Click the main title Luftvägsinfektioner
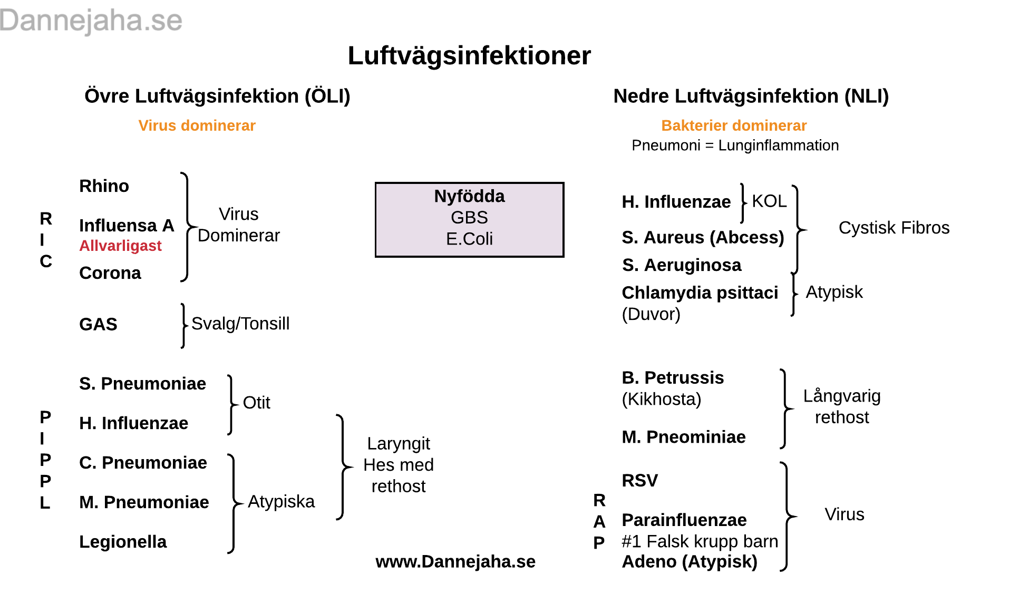point(469,56)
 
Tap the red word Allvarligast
point(120,246)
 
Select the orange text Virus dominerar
point(197,125)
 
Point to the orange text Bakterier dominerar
point(734,125)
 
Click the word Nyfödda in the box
point(469,196)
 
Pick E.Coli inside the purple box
point(469,239)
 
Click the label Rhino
point(104,186)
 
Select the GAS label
point(98,324)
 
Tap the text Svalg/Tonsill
point(240,324)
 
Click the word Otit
point(256,403)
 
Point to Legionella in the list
point(123,542)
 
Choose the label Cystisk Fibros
point(894,228)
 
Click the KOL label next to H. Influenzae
point(769,201)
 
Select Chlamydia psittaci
point(700,293)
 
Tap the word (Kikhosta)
point(662,399)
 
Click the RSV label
point(640,481)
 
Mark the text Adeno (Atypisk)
point(690,562)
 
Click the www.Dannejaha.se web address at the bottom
point(455,562)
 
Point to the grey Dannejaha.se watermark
point(91,21)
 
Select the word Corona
point(110,273)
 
